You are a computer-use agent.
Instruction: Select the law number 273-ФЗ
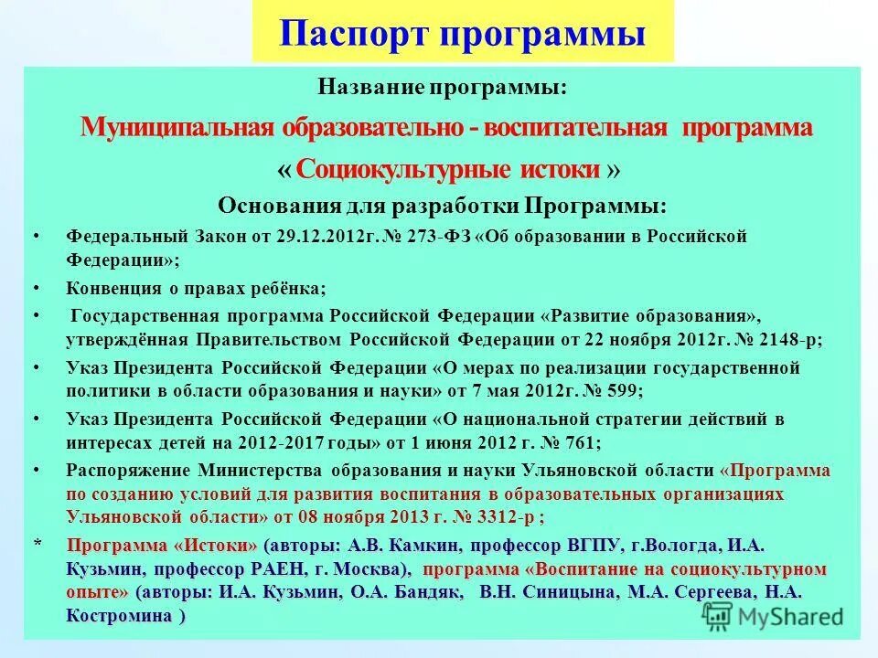444,237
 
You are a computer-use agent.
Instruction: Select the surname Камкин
425,546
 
